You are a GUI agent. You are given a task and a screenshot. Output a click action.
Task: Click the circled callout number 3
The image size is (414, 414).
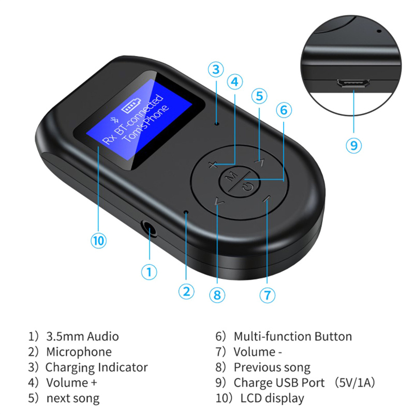tap(216, 69)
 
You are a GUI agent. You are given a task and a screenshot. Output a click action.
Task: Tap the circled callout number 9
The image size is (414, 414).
tap(353, 145)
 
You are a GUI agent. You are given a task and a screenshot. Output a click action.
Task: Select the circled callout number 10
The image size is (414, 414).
tap(99, 241)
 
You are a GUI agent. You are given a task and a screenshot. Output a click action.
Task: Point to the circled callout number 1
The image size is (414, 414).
tap(149, 272)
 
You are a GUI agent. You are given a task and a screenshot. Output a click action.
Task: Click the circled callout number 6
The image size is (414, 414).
tap(284, 110)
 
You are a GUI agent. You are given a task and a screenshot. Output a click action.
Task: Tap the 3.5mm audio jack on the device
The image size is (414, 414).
tap(149, 228)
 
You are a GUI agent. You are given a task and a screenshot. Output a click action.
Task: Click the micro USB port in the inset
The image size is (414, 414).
tap(353, 83)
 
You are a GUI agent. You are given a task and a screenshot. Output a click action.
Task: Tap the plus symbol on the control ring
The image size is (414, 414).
tap(213, 165)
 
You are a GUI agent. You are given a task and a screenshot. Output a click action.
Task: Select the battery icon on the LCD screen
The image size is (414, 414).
tap(131, 106)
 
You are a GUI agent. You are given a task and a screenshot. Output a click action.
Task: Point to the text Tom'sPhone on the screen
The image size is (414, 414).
tap(146, 124)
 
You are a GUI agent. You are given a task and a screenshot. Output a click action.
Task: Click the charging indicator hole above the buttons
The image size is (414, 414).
tap(217, 123)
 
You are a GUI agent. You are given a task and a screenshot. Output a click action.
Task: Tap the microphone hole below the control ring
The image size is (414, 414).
tap(186, 212)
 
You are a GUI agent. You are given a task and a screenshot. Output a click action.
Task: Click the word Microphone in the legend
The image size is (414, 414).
tap(79, 352)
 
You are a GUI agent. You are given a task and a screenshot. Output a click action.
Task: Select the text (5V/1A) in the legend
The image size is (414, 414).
tap(355, 382)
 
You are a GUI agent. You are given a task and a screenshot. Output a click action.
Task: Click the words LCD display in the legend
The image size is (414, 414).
tap(272, 398)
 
